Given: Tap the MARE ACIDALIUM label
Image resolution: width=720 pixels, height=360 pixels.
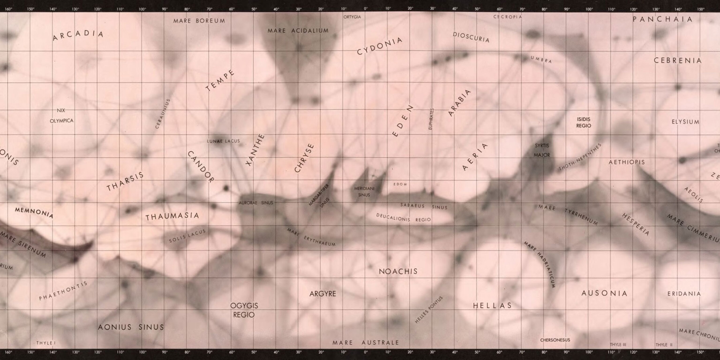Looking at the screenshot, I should click(298, 30).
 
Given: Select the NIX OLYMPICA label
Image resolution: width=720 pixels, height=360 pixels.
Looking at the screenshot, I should click(61, 116).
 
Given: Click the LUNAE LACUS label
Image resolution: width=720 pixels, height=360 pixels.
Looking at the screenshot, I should click(223, 141).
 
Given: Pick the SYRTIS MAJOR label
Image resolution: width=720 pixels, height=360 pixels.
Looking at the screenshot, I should click(542, 150).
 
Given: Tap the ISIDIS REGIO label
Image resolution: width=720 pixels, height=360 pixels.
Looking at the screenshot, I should click(584, 122).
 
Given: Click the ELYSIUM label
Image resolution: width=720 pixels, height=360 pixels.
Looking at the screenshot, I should click(685, 122).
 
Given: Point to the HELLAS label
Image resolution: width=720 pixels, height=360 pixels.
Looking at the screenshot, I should click(492, 305).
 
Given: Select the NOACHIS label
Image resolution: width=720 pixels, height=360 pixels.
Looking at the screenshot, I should click(398, 271).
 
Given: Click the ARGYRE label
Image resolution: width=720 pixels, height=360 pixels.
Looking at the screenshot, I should click(322, 294).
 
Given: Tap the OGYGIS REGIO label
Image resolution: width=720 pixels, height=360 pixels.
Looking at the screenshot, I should click(244, 310).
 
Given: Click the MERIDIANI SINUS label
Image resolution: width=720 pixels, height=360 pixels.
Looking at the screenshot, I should click(364, 192).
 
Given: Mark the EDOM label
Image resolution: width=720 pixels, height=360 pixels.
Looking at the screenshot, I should click(400, 184).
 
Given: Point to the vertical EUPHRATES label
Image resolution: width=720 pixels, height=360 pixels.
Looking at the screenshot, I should click(431, 119).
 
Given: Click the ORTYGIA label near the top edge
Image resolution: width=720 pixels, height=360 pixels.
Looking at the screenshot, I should click(352, 17).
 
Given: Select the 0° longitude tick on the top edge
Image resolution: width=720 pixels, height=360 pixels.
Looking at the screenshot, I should click(366, 9).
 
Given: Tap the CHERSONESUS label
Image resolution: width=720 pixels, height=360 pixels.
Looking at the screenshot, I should click(555, 340).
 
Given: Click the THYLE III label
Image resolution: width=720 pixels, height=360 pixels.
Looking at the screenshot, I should click(618, 345).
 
